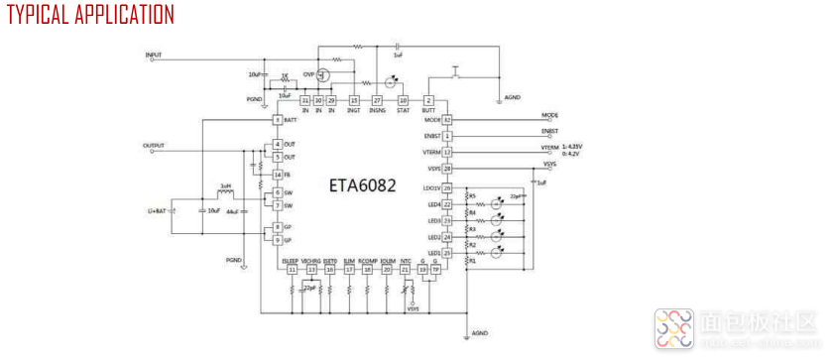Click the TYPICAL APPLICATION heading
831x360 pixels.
(90, 15)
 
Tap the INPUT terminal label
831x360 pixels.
(154, 55)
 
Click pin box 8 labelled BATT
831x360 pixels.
(279, 119)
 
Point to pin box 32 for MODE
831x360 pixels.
(447, 119)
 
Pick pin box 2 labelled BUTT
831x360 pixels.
(428, 100)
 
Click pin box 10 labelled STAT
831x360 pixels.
(403, 100)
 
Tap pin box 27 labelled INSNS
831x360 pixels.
(377, 100)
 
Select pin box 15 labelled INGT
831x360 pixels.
(353, 100)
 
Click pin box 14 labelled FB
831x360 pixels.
(279, 175)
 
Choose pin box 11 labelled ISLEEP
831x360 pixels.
(292, 269)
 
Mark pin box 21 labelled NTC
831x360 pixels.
(405, 269)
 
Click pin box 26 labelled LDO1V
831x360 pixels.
(447, 187)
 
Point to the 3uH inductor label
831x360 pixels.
(226, 184)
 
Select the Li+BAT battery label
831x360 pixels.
(159, 211)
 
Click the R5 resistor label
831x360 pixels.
(472, 195)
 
